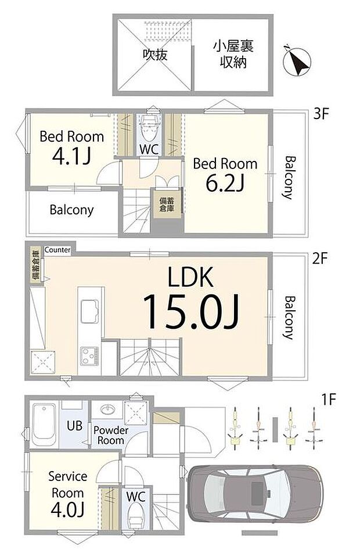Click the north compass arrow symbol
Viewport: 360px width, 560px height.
coord(297,60)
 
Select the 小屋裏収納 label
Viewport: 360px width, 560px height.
coord(232,54)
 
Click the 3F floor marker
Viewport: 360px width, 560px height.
coord(321,114)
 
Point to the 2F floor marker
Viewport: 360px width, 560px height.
coord(321,259)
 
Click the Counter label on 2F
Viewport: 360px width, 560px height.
coord(57,250)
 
